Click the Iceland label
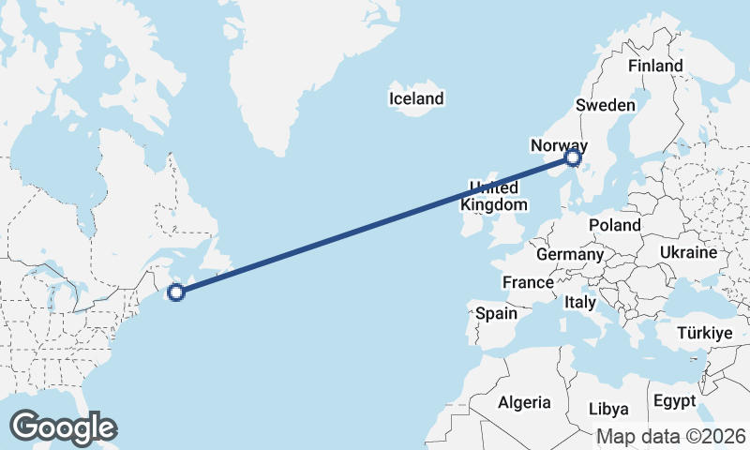coord(417,98)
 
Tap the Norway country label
coord(559,145)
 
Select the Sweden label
coord(606,105)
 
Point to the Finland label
coord(655,66)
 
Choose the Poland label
coord(614,225)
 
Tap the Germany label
coord(570,254)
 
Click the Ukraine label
coord(688,253)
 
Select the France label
coord(528,282)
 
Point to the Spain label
coord(496,313)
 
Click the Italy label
coord(580,303)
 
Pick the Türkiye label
coord(704,334)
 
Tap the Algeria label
coord(524,402)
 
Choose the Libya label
coord(609,409)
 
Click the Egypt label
coord(674,401)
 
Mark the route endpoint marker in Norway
coord(574,158)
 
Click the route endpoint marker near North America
coord(175,292)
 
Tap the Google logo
coord(63,427)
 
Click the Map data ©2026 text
coord(671,436)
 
